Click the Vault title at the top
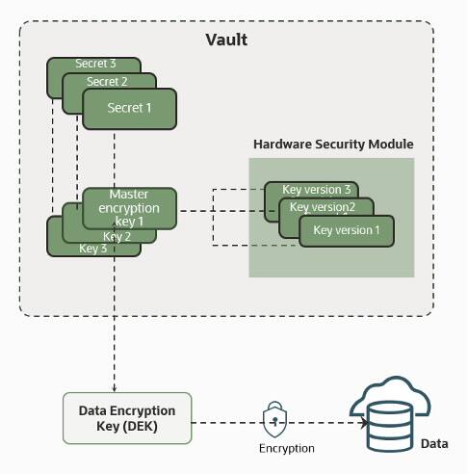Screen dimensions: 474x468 tap(226, 39)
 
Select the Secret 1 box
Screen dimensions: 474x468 tap(129, 108)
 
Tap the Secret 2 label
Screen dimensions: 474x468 tap(107, 82)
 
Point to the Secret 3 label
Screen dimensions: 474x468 tap(95, 64)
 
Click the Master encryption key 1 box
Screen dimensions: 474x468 tap(128, 207)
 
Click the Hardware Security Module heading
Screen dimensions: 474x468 tap(333, 144)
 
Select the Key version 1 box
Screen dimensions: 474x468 tap(347, 230)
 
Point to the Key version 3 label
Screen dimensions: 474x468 tap(315, 189)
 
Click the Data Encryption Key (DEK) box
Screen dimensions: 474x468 tap(127, 417)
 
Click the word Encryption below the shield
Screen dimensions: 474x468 tap(286, 448)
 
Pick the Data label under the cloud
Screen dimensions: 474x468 tap(434, 443)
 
